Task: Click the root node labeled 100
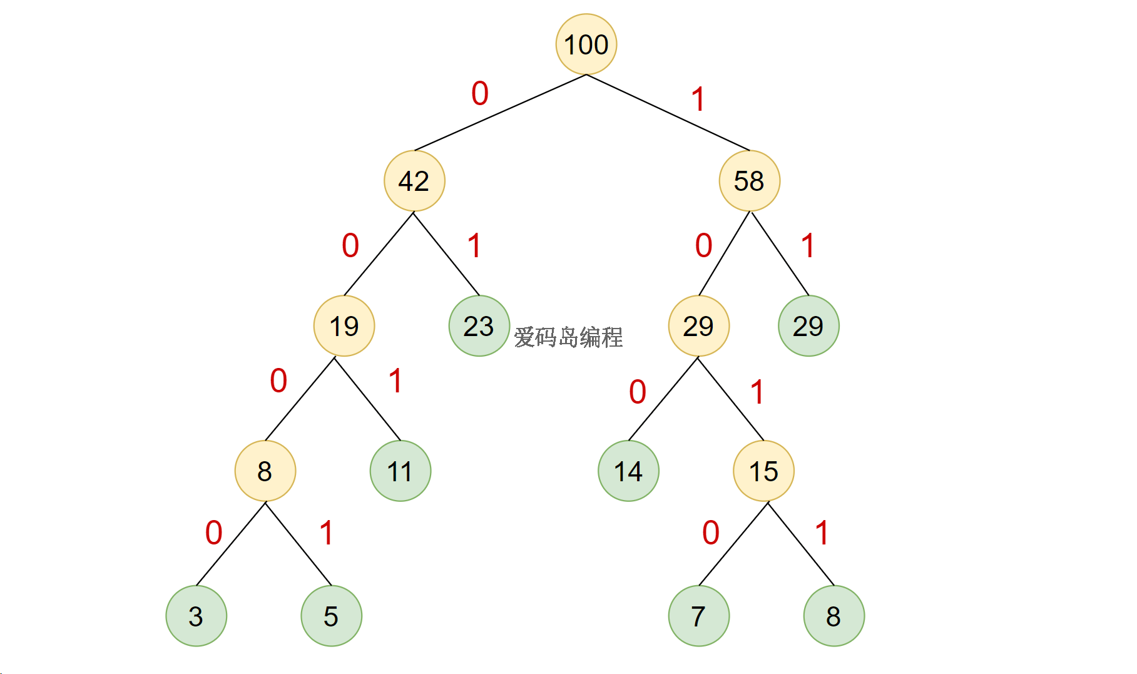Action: (586, 44)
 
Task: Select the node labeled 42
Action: (414, 181)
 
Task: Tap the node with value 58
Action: (749, 181)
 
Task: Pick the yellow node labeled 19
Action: (344, 326)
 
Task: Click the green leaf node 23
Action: (479, 326)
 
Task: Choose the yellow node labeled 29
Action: (698, 326)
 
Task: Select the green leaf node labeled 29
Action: (808, 326)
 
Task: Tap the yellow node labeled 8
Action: (265, 471)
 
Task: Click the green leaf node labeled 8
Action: (834, 616)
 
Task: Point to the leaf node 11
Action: (400, 471)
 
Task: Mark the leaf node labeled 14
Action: (628, 471)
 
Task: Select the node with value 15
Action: (763, 471)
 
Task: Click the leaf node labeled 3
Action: (196, 616)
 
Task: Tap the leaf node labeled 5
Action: (331, 616)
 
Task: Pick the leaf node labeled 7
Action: (698, 616)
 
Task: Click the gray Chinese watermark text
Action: (568, 337)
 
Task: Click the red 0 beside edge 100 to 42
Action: (480, 94)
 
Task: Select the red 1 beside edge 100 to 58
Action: (698, 100)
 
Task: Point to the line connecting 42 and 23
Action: (446, 253)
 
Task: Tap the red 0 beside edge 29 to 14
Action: (638, 392)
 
